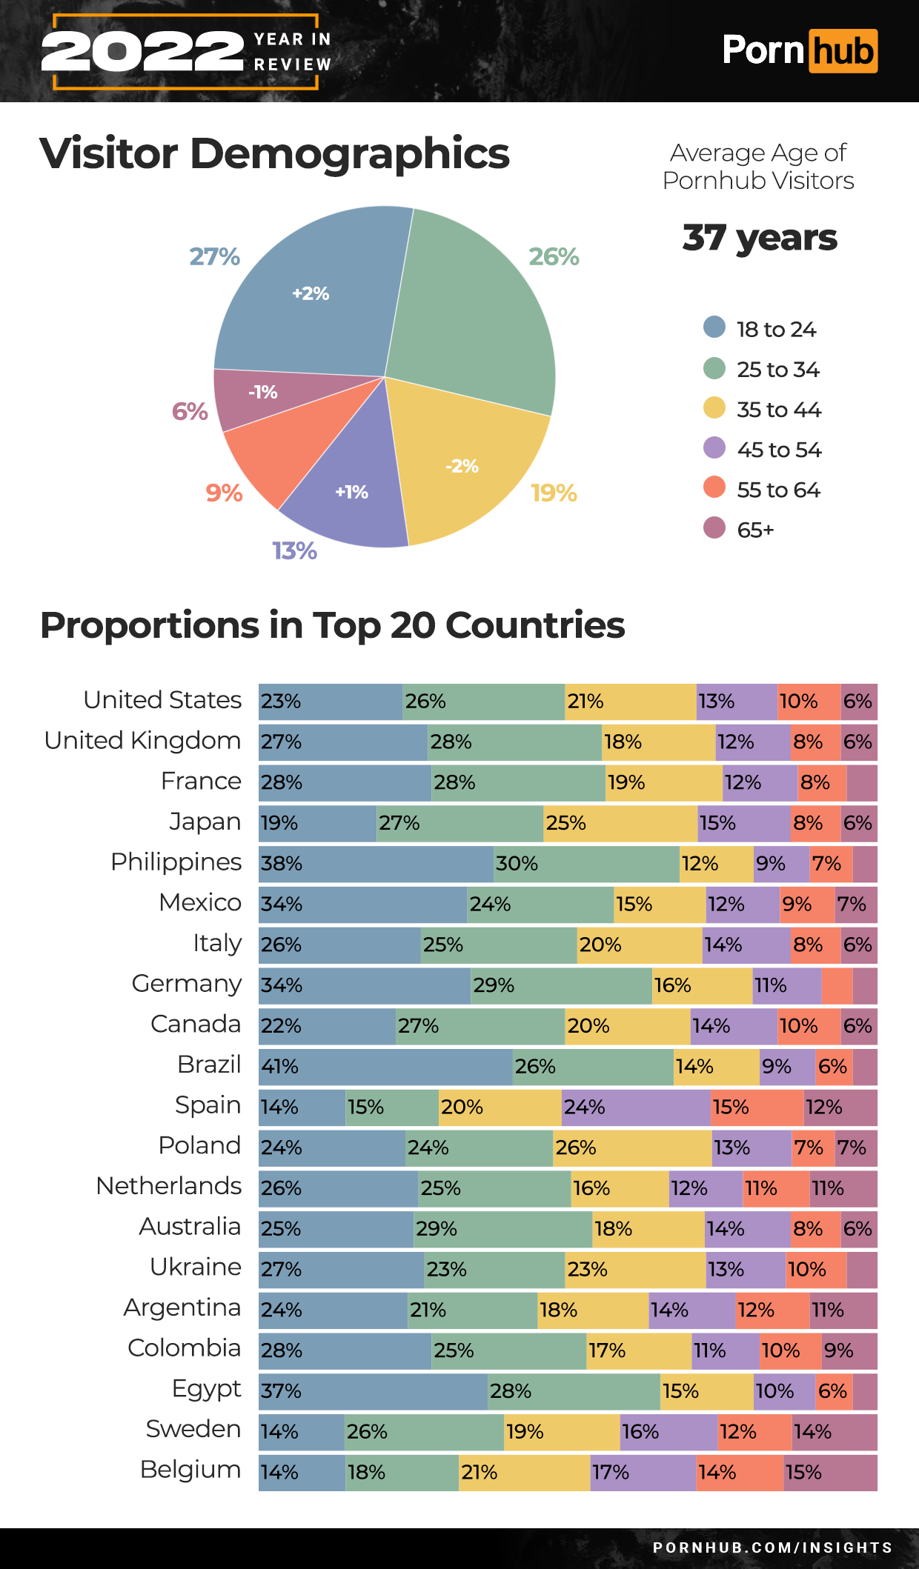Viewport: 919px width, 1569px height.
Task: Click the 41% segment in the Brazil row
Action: (385, 1067)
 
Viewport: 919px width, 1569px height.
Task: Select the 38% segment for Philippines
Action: (376, 864)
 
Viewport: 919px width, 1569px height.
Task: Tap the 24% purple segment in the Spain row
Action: (636, 1107)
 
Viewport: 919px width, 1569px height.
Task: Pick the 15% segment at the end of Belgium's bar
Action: (831, 1473)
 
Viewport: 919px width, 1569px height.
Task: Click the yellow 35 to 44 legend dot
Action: (714, 408)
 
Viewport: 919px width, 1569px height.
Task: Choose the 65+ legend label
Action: (755, 530)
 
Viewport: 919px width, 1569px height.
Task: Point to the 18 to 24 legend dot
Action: (714, 327)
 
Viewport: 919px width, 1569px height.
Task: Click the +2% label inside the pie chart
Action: (311, 293)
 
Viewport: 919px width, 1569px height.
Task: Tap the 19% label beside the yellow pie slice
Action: (554, 493)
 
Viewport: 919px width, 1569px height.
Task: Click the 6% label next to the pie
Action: (190, 411)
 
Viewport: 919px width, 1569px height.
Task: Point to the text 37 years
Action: (760, 238)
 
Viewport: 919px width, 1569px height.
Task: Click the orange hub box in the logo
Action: (843, 51)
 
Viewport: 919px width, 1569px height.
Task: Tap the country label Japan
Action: (205, 822)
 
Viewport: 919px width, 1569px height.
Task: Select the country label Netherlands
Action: (169, 1186)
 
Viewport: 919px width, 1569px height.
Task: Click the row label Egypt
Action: (206, 1389)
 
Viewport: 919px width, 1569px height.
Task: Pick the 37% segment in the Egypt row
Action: (373, 1391)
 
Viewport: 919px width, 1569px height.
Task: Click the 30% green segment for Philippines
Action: (586, 864)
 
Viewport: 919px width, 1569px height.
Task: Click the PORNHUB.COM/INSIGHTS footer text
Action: (772, 1548)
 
